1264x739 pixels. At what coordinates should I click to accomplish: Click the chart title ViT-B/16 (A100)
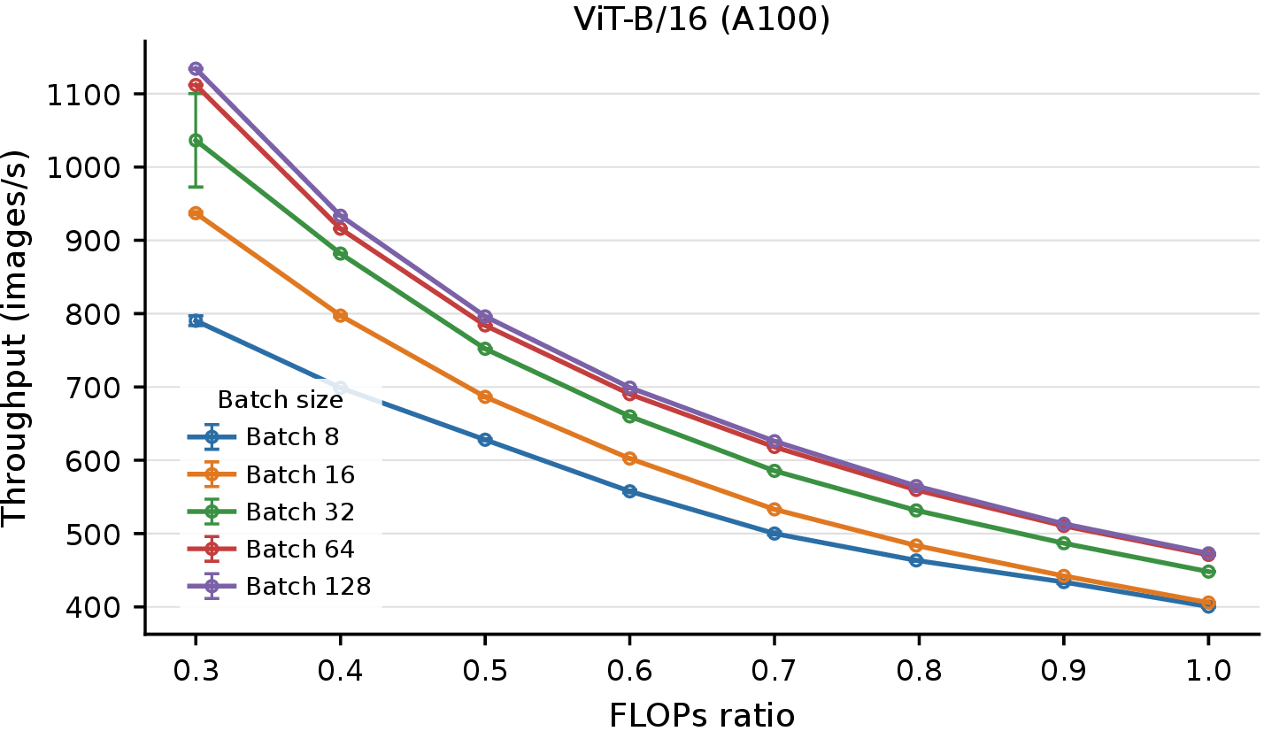tap(702, 19)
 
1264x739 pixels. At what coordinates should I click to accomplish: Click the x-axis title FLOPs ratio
tap(702, 716)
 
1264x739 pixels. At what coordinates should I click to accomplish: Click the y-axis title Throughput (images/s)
tap(15, 338)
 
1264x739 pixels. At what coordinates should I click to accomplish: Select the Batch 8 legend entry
tap(264, 437)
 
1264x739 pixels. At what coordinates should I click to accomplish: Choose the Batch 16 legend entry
tap(272, 474)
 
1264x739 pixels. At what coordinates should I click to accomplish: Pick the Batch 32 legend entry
tap(272, 512)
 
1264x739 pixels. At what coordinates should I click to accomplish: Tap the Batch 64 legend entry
tap(272, 549)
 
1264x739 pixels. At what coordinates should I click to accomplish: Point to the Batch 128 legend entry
tap(280, 586)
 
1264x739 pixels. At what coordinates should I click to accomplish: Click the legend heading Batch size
tap(281, 399)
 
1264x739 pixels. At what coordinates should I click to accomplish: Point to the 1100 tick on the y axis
tap(75, 94)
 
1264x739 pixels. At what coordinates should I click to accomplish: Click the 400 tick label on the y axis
tap(85, 607)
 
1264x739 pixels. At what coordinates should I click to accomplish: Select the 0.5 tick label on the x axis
tap(485, 672)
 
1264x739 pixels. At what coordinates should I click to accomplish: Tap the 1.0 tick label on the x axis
tap(1208, 672)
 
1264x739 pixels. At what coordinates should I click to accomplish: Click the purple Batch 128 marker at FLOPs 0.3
tap(196, 69)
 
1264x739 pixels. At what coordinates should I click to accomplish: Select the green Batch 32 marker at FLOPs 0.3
tap(196, 141)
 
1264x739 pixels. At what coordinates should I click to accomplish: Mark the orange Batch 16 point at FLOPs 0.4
tap(340, 315)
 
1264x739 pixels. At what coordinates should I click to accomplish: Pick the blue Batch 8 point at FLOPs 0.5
tap(485, 440)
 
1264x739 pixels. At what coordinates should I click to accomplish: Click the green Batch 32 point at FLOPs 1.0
tap(1208, 572)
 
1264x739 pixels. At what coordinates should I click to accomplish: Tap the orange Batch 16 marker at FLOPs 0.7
tap(775, 510)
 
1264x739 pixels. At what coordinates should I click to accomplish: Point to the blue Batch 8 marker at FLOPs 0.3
tap(196, 321)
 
